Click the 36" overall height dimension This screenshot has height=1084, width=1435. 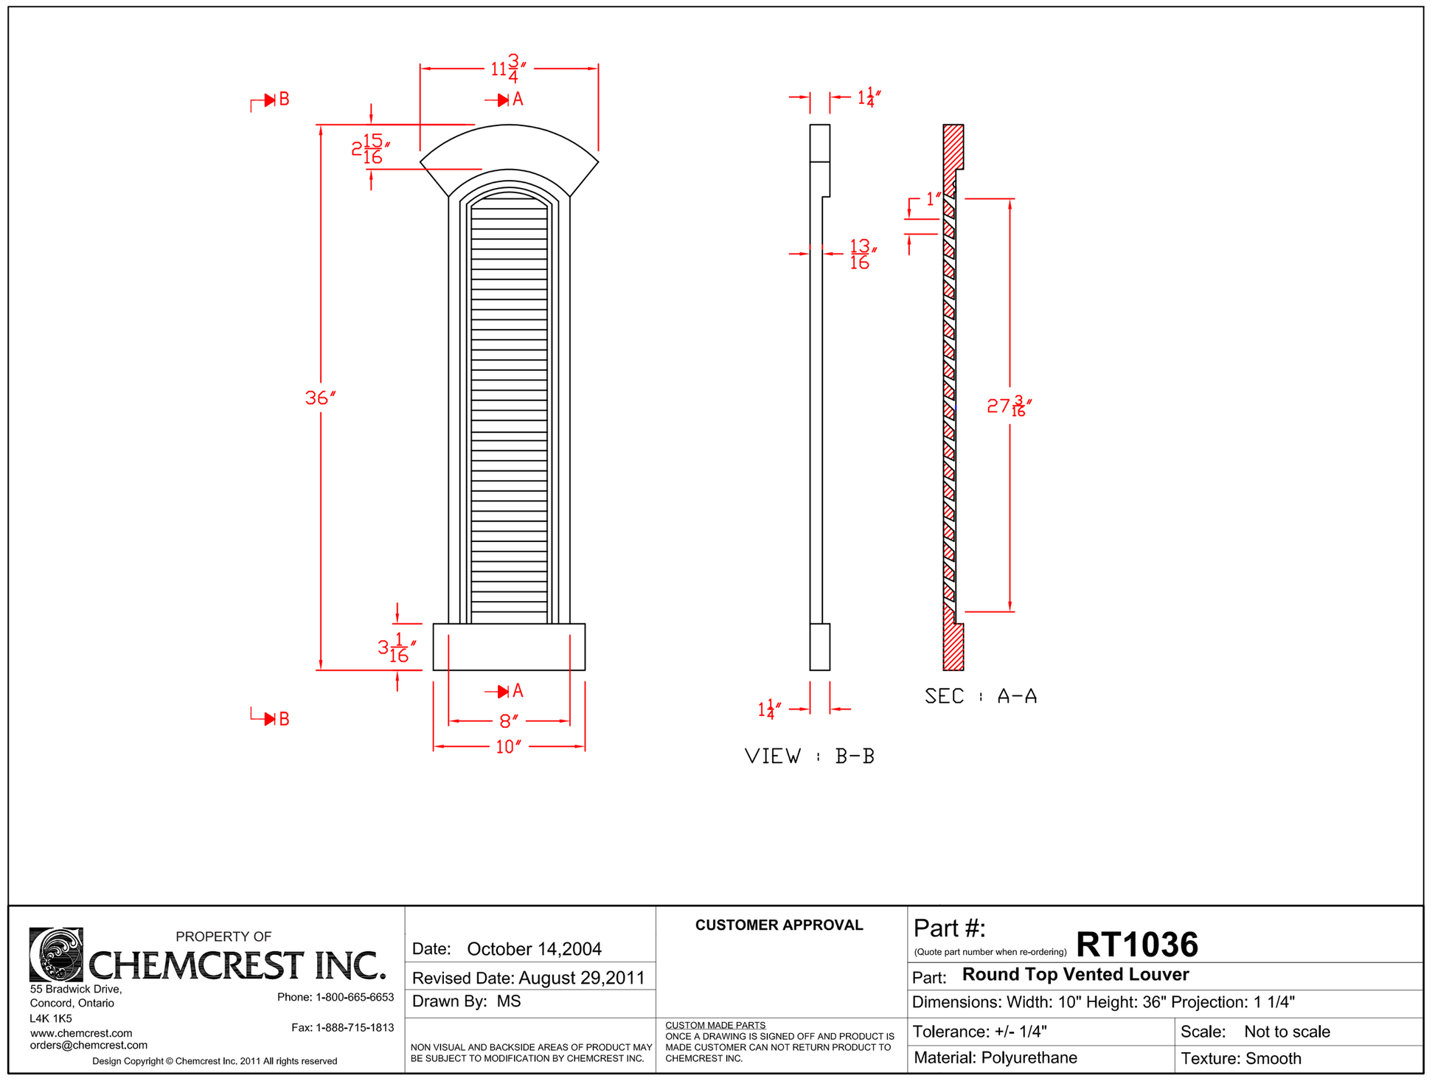(x=320, y=398)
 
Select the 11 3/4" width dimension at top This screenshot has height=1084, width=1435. (x=509, y=69)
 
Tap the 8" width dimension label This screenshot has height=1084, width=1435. (x=509, y=721)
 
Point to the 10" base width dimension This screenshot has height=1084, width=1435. (x=509, y=747)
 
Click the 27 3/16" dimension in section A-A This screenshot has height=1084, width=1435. (x=1009, y=406)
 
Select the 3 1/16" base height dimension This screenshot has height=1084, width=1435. (x=397, y=647)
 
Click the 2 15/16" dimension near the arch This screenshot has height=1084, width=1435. (x=370, y=149)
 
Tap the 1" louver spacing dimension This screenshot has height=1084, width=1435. (x=934, y=199)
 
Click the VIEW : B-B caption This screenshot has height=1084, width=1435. (x=810, y=757)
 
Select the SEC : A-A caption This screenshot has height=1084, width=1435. (x=981, y=696)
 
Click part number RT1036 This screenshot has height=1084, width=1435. (x=1137, y=945)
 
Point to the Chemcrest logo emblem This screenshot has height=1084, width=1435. (x=56, y=955)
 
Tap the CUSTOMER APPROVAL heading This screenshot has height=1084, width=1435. (x=779, y=925)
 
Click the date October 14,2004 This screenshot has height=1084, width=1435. (x=534, y=949)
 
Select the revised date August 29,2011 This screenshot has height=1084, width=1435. (x=582, y=979)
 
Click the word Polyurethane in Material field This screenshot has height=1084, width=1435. (x=1029, y=1058)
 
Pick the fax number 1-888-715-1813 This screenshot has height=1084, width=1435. (x=355, y=1028)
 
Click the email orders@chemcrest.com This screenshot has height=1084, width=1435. (x=88, y=1046)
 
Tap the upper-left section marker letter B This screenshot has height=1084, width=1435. (x=284, y=100)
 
